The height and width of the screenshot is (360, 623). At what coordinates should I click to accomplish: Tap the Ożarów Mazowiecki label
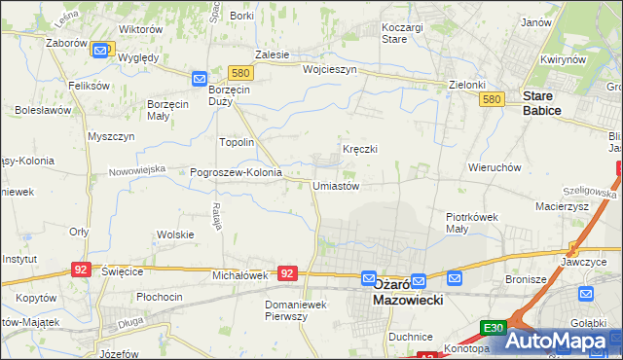point(408,293)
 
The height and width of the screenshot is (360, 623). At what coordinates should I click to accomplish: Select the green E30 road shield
point(493,329)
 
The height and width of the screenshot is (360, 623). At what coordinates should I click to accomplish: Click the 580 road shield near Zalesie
point(241,73)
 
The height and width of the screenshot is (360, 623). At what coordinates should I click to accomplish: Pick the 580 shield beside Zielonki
point(493,100)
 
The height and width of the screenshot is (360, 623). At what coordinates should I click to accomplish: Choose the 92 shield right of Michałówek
point(286,274)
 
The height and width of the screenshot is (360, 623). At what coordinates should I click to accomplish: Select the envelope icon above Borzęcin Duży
point(200,78)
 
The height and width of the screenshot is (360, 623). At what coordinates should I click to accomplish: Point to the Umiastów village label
point(336,186)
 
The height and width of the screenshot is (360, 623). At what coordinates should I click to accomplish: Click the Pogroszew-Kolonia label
point(236,172)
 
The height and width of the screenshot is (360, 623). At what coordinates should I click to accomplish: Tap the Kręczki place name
point(359,149)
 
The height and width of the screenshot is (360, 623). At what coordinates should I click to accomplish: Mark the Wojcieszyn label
point(330,70)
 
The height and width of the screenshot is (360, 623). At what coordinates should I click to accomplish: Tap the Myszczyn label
point(110,137)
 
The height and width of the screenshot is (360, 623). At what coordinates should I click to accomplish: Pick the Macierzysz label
point(559,206)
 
